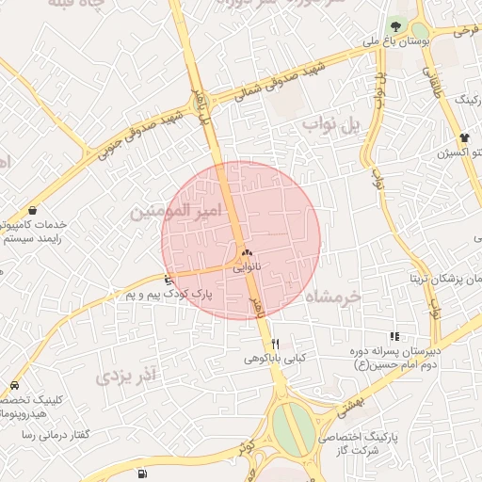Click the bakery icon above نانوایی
pyautogui.click(x=247, y=253)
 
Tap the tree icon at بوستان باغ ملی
pyautogui.click(x=394, y=25)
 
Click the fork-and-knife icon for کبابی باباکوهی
pyautogui.click(x=275, y=344)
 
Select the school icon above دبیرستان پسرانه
pyautogui.click(x=394, y=336)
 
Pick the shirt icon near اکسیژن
pyautogui.click(x=464, y=137)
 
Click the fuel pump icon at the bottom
pyautogui.click(x=141, y=474)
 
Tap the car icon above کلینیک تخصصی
pyautogui.click(x=15, y=386)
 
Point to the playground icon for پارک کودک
pyautogui.click(x=169, y=279)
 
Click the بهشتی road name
pyautogui.click(x=349, y=407)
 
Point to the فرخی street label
pyautogui.click(x=466, y=31)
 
